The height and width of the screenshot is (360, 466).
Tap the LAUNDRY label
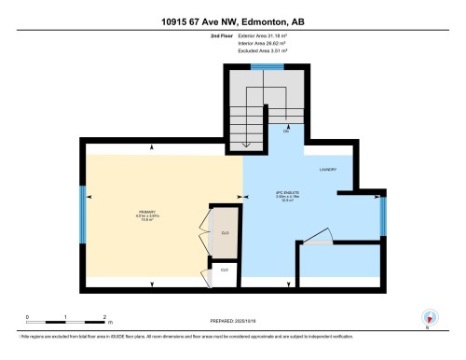point(326,170)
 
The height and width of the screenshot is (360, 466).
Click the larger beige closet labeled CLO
point(225,233)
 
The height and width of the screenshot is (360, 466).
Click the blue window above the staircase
point(267,68)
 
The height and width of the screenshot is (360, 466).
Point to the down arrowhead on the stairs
point(245,145)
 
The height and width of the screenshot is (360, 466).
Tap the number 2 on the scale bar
point(106,317)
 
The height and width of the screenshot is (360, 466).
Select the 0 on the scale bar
point(28,317)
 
